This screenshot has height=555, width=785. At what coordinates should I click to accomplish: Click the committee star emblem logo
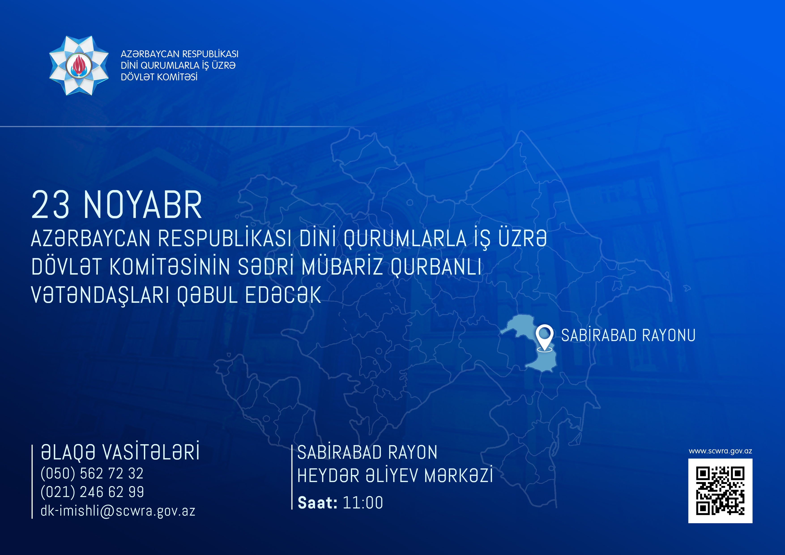coord(79,65)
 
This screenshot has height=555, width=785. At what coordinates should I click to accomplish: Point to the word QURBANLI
coord(436,267)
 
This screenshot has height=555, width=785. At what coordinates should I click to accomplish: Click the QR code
coord(720,491)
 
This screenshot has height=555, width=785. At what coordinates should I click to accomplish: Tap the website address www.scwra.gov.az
coord(720,451)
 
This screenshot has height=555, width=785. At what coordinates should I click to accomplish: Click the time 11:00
coord(363,503)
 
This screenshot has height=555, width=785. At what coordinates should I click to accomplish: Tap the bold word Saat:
coord(318,503)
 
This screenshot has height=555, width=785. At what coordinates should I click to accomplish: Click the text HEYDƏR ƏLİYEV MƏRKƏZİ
coord(395,475)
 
